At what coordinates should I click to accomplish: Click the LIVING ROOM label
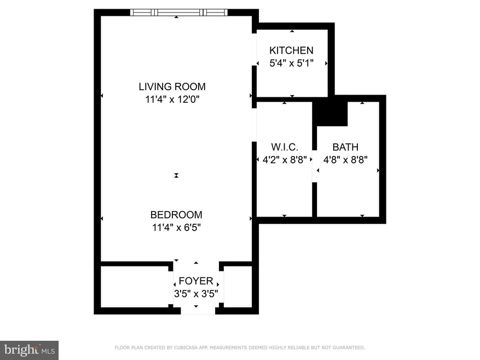coord(172,86)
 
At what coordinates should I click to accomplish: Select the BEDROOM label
coord(176,215)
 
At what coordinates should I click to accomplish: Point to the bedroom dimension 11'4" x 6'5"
coord(176,228)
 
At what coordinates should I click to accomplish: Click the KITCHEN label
coord(291,50)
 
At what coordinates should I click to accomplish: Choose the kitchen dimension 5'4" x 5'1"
coord(291,63)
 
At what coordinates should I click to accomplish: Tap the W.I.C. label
coord(284,147)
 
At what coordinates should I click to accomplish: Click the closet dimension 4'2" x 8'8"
coord(284,160)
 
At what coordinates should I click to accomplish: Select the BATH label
coord(345,147)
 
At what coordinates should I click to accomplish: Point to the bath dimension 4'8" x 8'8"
coord(345,160)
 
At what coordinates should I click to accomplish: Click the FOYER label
coord(195,281)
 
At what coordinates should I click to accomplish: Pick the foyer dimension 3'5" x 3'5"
coord(195,293)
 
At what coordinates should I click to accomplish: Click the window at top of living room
coord(178,12)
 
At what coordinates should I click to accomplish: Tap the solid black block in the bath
coord(330,113)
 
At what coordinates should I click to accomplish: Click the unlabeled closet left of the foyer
coord(135,288)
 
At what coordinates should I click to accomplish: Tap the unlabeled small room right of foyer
coord(238,288)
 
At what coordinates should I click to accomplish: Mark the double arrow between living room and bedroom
coord(176,175)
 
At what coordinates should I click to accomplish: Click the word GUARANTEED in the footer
coord(346,347)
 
